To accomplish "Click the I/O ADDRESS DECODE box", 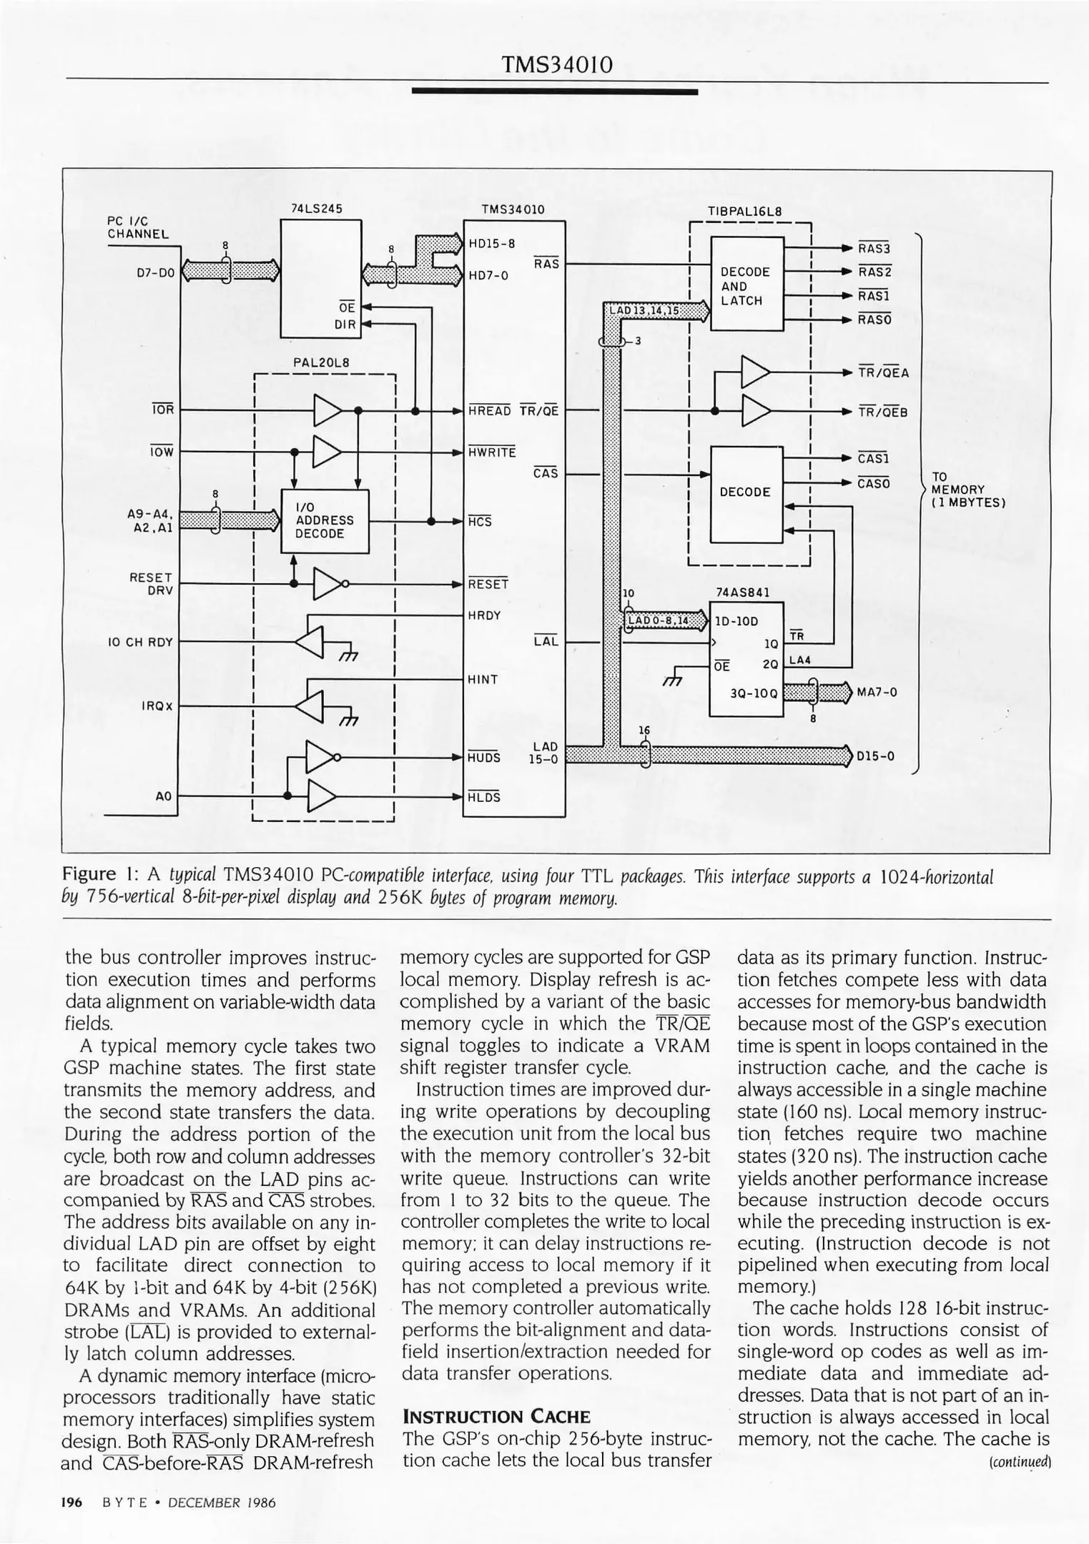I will coord(325,521).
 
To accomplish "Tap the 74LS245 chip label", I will coord(317,209).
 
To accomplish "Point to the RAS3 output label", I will coord(874,249).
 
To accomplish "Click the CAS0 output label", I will coord(874,484).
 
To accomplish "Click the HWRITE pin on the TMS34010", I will coord(492,452).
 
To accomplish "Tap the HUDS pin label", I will coord(483,758).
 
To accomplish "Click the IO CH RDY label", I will coord(140,642).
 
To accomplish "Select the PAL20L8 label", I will coord(321,362).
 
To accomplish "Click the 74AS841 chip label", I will coord(743,592).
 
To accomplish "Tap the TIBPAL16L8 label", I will coord(744,212).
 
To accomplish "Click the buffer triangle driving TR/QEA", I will coord(756,372).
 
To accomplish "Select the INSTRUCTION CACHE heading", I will coord(497,1416).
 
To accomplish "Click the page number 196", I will coord(72,1502).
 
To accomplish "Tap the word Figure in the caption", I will coord(89,874).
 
